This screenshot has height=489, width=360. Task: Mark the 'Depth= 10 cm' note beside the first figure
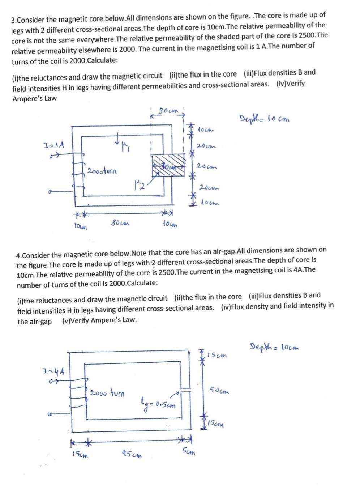[x=265, y=118]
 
